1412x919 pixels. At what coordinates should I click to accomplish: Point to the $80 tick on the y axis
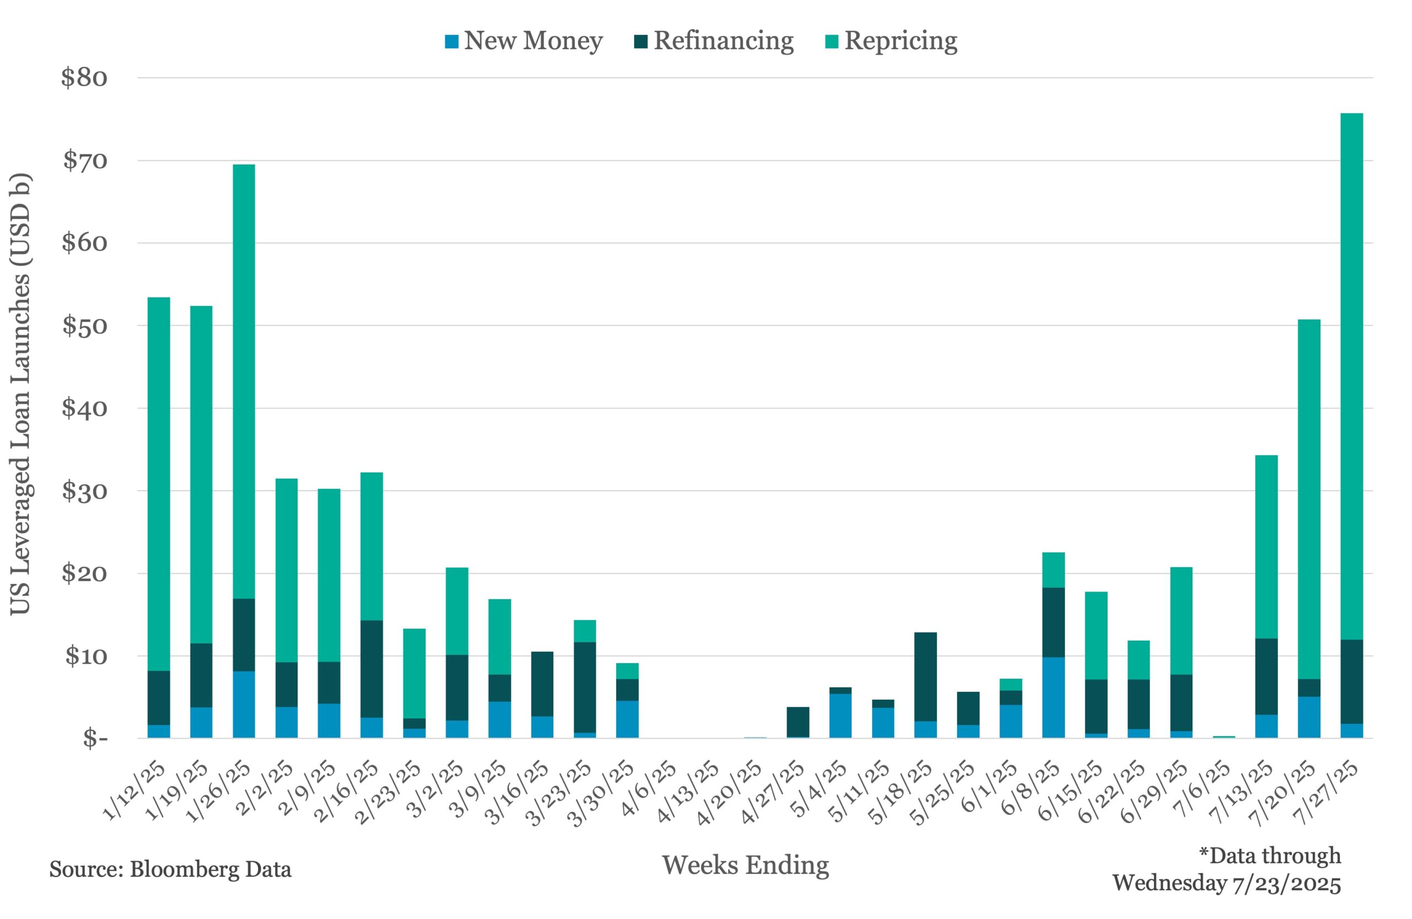point(84,78)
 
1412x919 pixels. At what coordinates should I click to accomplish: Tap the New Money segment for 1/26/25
point(244,705)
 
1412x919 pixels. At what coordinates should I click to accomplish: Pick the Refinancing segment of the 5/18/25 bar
point(926,677)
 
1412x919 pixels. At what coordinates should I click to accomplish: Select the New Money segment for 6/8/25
point(1053,697)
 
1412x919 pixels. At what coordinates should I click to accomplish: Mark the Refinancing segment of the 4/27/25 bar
point(798,722)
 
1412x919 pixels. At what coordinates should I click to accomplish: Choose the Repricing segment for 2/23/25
point(414,674)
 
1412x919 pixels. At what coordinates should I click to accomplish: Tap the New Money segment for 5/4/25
point(840,716)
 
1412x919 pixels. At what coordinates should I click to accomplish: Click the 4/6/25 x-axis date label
point(649,789)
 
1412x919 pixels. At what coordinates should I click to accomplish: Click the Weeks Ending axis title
point(745,865)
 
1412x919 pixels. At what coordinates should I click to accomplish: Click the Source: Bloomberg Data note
point(170,869)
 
